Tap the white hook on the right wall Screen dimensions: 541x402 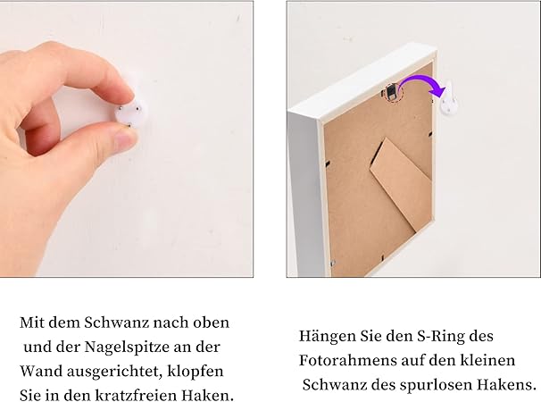(x=449, y=100)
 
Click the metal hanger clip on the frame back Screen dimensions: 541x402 (x=390, y=92)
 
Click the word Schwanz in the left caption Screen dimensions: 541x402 (x=117, y=322)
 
